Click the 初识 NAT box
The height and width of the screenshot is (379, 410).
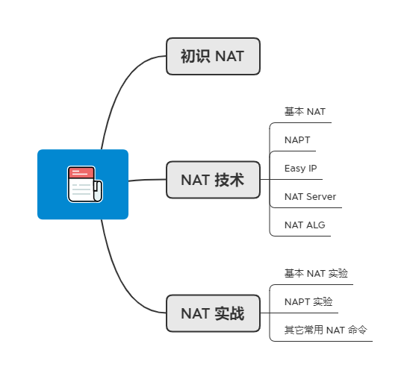pos(213,56)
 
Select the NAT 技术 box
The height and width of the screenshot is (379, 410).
pos(213,180)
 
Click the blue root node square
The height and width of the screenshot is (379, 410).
pos(83,184)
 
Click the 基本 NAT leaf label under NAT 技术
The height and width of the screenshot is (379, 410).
pos(305,112)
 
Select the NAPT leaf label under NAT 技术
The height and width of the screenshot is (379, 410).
pos(297,140)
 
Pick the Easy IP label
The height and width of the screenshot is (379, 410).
pos(300,168)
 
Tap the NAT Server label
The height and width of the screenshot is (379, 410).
pos(310,197)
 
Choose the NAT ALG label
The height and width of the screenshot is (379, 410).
pos(305,225)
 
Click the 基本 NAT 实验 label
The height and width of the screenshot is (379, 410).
pos(316,274)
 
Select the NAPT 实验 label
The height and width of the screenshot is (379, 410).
pos(308,301)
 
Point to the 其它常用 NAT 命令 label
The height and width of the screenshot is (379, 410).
pos(326,330)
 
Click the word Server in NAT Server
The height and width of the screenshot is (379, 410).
pos(321,197)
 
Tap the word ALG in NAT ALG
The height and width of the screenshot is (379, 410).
pos(316,225)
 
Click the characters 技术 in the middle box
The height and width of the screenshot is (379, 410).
pos(229,180)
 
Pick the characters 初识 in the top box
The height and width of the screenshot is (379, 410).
pos(196,56)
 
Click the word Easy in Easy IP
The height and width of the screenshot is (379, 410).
pos(295,168)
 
